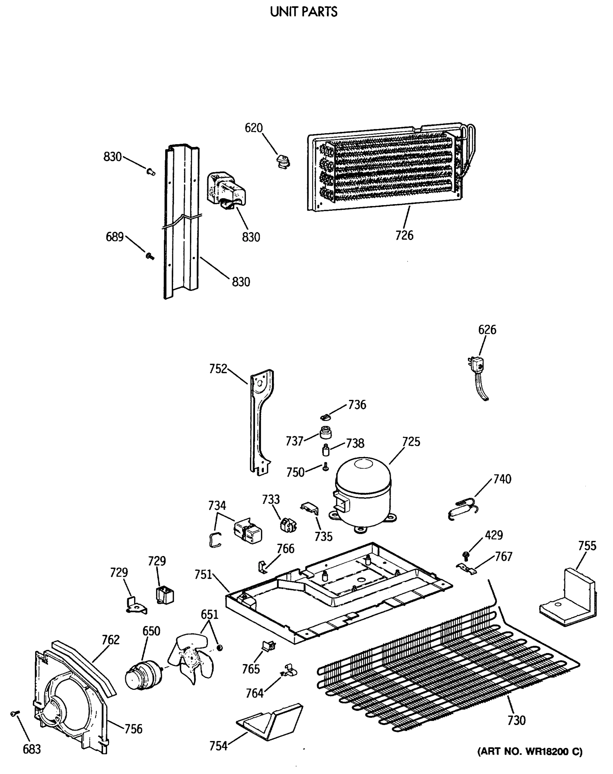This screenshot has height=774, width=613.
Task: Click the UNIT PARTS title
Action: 304,12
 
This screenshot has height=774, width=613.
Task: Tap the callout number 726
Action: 404,235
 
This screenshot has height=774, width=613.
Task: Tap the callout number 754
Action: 218,746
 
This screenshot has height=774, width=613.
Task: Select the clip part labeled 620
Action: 283,161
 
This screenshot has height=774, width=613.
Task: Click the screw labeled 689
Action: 150,256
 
